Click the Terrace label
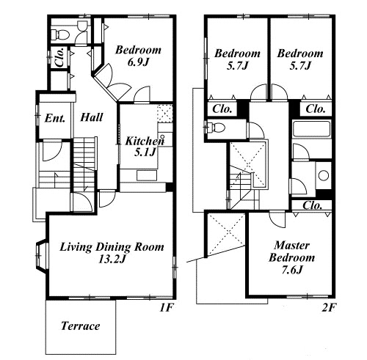tap(81, 326)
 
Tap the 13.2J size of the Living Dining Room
tap(112, 260)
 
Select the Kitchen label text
tap(145, 141)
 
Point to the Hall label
tap(92, 117)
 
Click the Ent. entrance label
tap(55, 119)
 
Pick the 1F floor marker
tap(166, 308)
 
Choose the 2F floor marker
tap(328, 308)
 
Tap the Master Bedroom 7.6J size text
tap(292, 271)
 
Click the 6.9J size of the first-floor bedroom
tap(138, 62)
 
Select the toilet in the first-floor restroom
tap(59, 34)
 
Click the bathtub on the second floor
tap(311, 130)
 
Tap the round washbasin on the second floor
tap(324, 175)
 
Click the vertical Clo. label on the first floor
tap(59, 58)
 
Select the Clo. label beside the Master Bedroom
tap(312, 205)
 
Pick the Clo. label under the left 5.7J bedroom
tap(222, 109)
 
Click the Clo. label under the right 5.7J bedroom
tap(316, 109)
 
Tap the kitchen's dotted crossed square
tap(164, 113)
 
